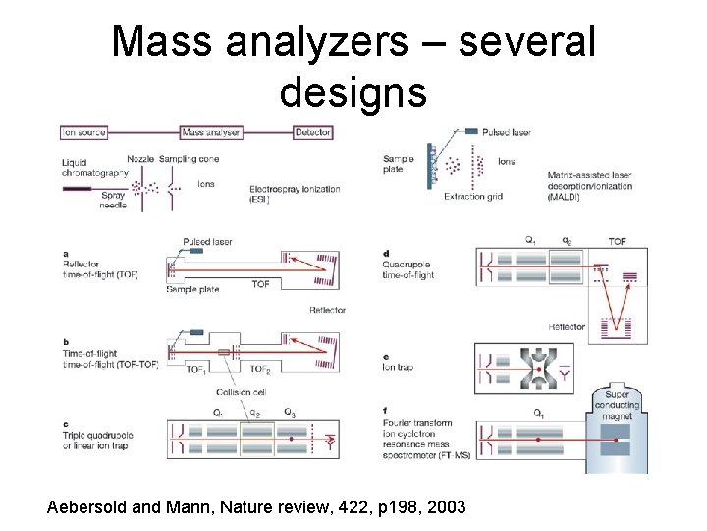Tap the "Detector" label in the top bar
point(312,132)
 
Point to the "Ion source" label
point(83,132)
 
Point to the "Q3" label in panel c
point(289,411)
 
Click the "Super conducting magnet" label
point(616,405)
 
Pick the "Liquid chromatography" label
point(94,168)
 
